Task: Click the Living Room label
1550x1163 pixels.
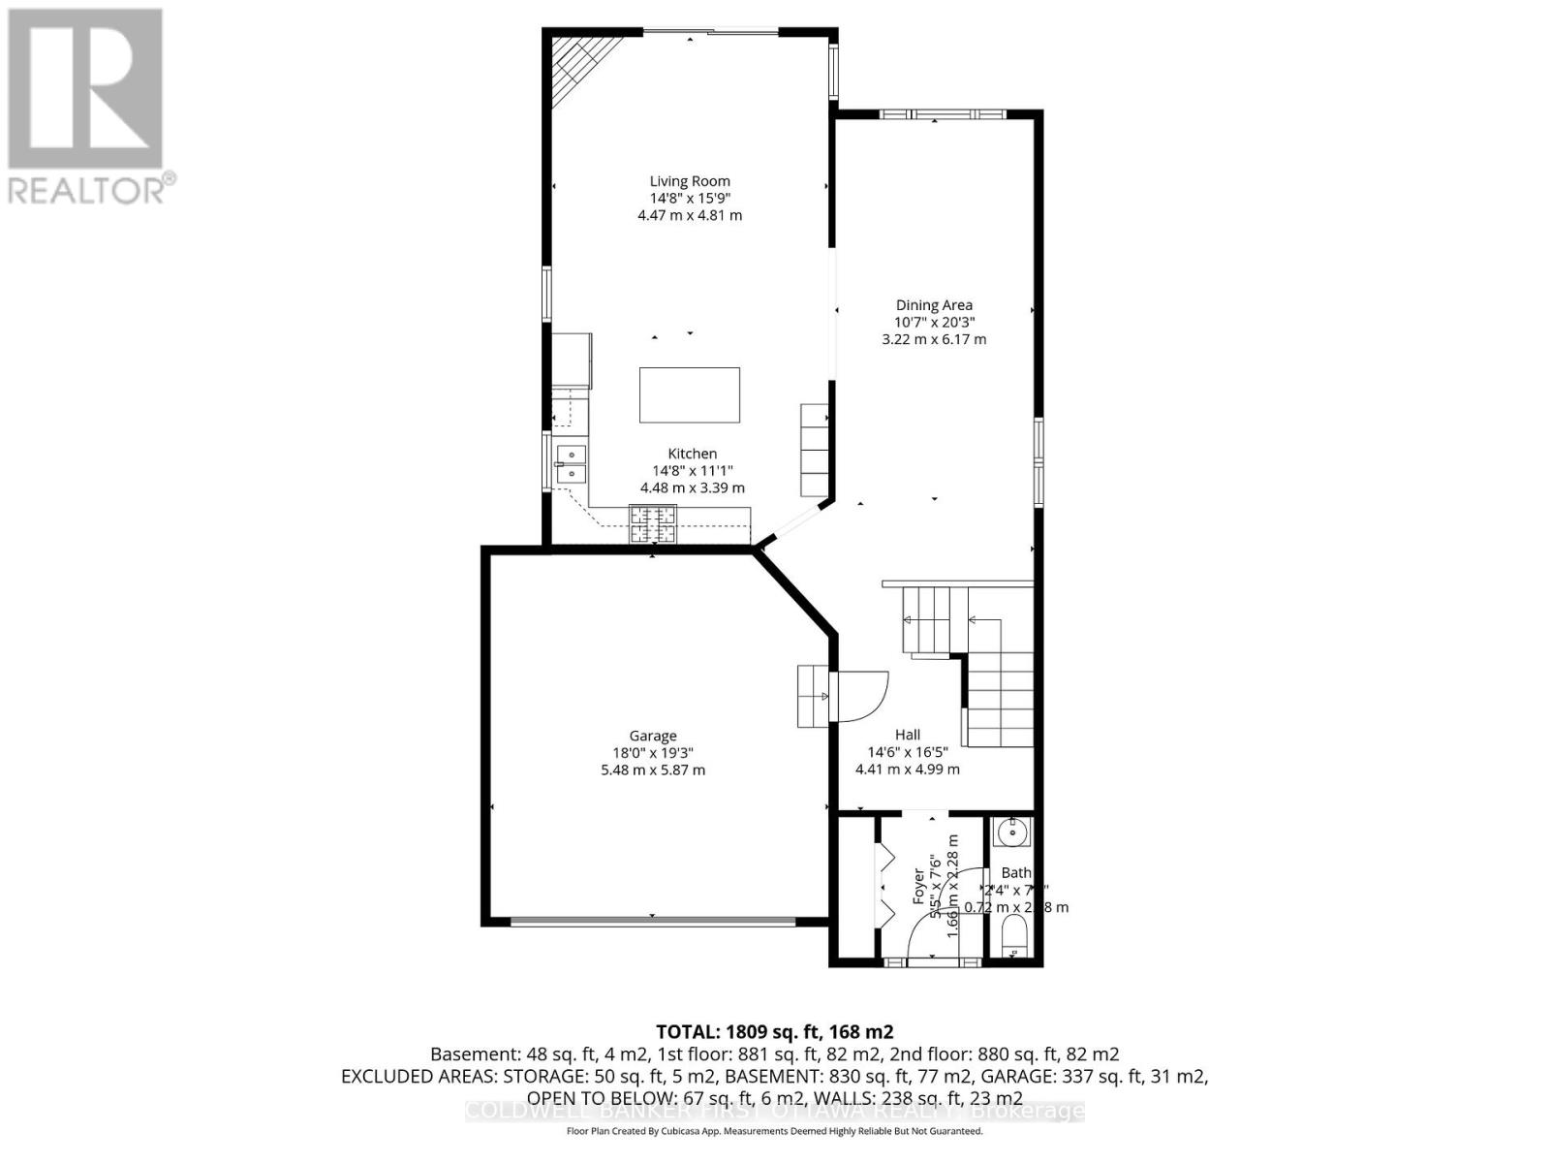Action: pyautogui.click(x=690, y=181)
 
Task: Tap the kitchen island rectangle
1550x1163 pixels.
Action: pyautogui.click(x=689, y=394)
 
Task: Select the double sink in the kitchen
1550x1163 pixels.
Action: pyautogui.click(x=571, y=464)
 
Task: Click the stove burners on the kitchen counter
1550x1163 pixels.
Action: pyautogui.click(x=653, y=524)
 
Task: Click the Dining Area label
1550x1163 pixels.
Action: pyautogui.click(x=934, y=305)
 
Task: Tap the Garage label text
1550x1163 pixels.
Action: pyautogui.click(x=653, y=737)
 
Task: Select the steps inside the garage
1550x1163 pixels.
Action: pyautogui.click(x=812, y=696)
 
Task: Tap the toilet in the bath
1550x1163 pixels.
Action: pyautogui.click(x=1013, y=939)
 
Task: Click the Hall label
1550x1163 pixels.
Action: pyautogui.click(x=908, y=735)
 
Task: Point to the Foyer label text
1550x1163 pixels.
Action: pyautogui.click(x=918, y=887)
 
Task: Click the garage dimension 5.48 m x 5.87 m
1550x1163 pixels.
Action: pyautogui.click(x=653, y=770)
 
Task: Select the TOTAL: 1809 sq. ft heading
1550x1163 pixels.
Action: pyautogui.click(x=774, y=1032)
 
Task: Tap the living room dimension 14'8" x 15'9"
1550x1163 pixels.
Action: pyautogui.click(x=690, y=198)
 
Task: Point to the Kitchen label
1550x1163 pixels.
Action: pyautogui.click(x=693, y=454)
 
